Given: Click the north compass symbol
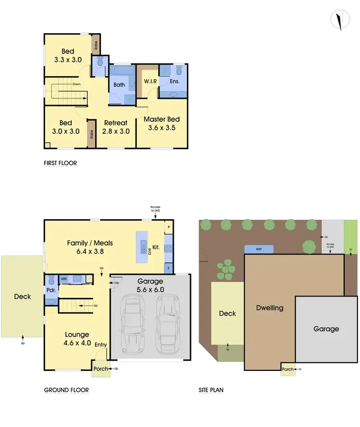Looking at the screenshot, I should [340, 20].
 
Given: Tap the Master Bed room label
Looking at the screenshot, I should [162, 123].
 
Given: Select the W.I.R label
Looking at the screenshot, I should [151, 82].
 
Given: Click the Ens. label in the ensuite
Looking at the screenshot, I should [175, 82].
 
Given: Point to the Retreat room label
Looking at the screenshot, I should [117, 127].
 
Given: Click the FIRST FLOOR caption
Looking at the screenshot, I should [60, 163].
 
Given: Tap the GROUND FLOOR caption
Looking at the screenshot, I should [66, 390].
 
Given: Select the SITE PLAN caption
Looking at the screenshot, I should [211, 390].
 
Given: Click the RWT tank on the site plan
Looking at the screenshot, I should [259, 249].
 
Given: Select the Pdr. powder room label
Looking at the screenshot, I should [51, 290].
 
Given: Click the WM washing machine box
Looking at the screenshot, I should [63, 278].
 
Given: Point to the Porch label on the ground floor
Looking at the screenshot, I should [99, 369].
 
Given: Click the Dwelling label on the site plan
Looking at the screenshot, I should [270, 308].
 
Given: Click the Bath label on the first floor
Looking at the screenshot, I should [119, 85].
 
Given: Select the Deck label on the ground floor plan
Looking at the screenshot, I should [22, 297].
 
